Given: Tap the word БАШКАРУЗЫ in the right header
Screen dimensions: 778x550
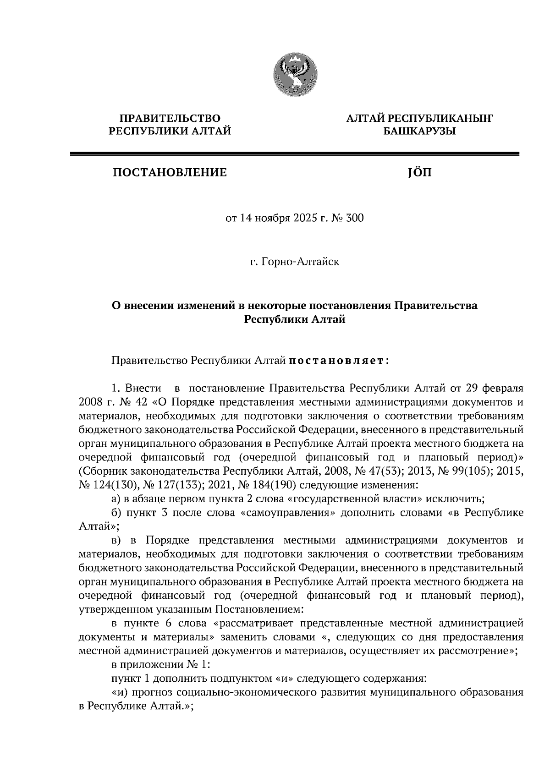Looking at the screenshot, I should (419, 131).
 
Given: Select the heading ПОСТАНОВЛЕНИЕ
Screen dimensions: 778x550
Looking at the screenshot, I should (170, 173).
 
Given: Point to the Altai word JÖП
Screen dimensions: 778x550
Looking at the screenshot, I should (419, 173).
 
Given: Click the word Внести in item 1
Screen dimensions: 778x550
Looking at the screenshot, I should (145, 389).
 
